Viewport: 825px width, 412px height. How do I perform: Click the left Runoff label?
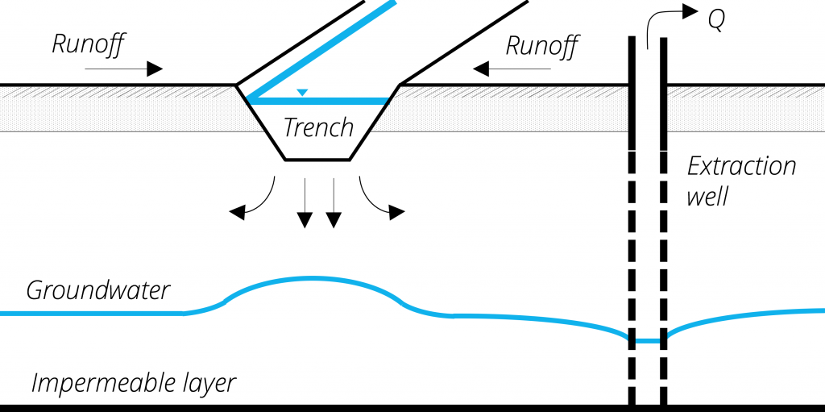click(x=88, y=44)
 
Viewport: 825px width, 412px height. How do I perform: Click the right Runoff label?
click(x=541, y=46)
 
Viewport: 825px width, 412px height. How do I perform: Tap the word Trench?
click(x=318, y=127)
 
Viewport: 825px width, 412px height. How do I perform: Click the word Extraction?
click(x=740, y=167)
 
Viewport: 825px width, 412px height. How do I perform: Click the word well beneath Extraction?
click(x=707, y=196)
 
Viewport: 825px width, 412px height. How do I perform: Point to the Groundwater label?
click(x=98, y=290)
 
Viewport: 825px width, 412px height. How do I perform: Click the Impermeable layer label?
click(x=134, y=382)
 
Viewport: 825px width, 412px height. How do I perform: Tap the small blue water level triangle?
click(x=301, y=93)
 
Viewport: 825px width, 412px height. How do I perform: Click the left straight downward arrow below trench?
click(x=305, y=202)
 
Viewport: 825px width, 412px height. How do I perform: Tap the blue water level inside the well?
click(x=647, y=341)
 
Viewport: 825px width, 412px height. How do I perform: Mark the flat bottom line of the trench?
click(x=317, y=160)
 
